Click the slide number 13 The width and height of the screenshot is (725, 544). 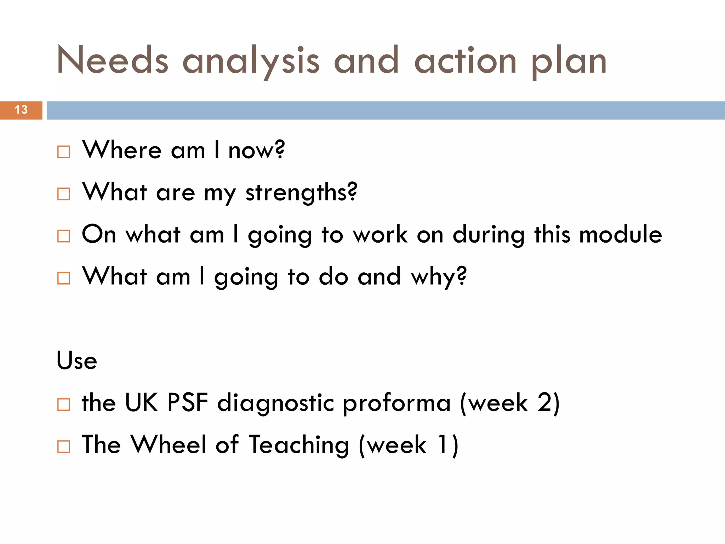[x=21, y=110]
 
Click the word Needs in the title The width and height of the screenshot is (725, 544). [x=112, y=60]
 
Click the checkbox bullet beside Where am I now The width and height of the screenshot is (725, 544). [x=64, y=152]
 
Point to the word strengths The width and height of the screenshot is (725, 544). [x=301, y=193]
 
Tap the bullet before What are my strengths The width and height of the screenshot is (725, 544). [x=64, y=194]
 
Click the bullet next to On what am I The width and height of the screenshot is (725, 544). [x=64, y=236]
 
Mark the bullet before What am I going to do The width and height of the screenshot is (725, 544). [x=64, y=278]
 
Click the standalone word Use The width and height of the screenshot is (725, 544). [x=77, y=361]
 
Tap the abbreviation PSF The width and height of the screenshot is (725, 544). [x=188, y=403]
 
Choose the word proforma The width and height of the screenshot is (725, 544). [x=396, y=404]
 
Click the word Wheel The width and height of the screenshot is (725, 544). [x=169, y=444]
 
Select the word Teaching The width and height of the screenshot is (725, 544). [x=299, y=446]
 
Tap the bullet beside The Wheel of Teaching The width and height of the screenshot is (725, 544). [x=64, y=446]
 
